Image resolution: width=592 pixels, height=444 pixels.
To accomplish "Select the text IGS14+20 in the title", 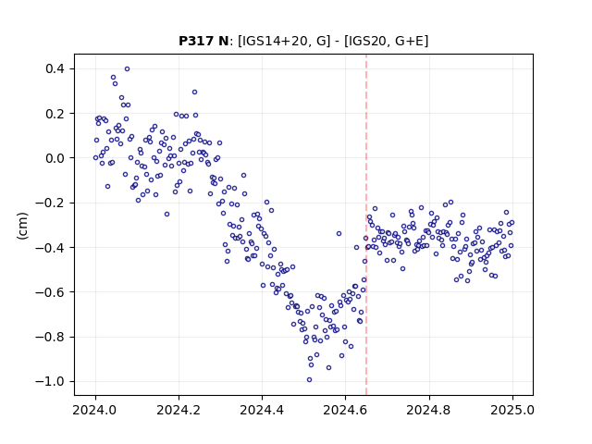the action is point(272,41).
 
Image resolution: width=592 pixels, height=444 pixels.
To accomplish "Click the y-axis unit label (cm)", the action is point(22,226).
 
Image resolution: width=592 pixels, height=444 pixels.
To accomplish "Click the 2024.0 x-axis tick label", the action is point(95,410).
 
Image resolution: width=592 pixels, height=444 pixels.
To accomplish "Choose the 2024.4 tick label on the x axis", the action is point(262,410).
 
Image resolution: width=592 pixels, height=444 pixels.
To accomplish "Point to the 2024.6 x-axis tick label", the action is point(345,410).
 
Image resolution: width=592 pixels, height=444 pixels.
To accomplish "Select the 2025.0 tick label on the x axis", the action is point(512,410).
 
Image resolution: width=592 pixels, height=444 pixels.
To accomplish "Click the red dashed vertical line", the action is point(366,225).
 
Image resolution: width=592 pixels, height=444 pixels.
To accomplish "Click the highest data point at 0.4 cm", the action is point(128,68).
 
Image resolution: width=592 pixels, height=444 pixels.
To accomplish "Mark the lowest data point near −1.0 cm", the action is point(309,379).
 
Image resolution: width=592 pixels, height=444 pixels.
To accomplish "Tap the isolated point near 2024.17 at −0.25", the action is point(166,214).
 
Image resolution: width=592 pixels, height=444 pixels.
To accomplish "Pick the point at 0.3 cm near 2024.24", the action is point(194,92).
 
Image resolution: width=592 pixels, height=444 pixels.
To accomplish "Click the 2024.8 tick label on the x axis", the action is point(429,410).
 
